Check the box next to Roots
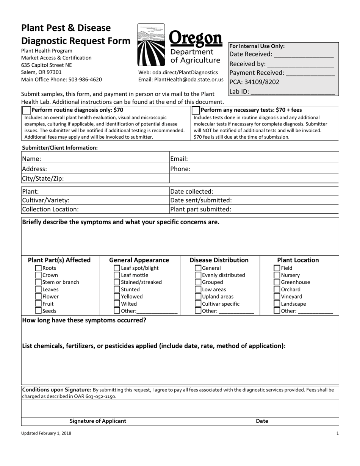[38, 268]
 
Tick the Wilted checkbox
[117, 304]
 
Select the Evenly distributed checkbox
[198, 275]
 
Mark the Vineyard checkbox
[277, 297]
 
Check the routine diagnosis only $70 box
[27, 110]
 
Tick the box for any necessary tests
[196, 110]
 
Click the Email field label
[179, 159]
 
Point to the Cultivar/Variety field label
[46, 200]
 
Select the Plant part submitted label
[201, 209]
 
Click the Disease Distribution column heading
[219, 260]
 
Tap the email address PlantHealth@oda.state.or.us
[191, 80]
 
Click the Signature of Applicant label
[98, 421]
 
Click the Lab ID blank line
[293, 92]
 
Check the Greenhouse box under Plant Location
[277, 282]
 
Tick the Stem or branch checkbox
[38, 282]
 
